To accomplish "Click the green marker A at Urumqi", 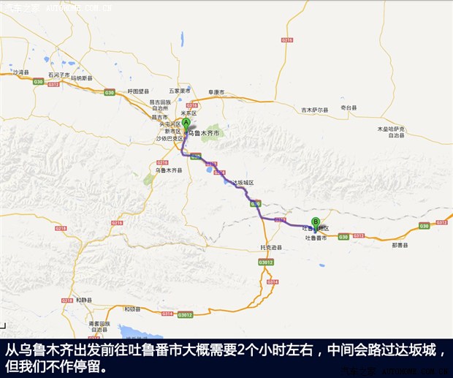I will pos(186,124).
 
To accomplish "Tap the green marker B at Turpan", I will pos(316,222).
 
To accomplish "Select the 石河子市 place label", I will pos(58,75).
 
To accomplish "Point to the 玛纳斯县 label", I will pos(83,78).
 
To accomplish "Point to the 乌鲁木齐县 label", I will pos(170,169).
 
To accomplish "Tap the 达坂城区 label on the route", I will pos(242,182).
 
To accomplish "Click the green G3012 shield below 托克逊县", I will pos(266,262).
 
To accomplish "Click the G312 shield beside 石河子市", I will pos(53,85).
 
